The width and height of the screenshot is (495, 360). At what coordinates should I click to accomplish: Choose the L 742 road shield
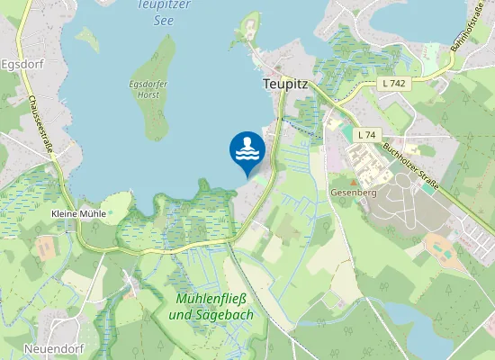[392, 83]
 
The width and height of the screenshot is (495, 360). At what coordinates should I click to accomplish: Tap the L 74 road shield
[365, 135]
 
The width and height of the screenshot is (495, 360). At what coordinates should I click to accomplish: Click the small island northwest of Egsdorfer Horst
[87, 38]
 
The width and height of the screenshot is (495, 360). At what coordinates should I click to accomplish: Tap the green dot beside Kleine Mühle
[113, 214]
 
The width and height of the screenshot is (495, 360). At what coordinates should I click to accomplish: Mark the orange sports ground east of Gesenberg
[440, 244]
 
